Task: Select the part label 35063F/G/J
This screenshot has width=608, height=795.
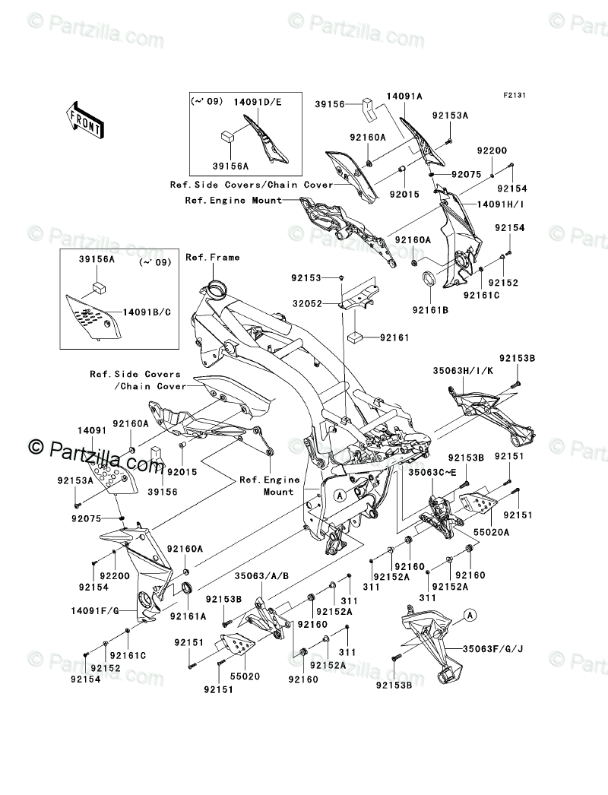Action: pos(494,649)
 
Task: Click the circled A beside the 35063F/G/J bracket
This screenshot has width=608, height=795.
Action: pos(470,615)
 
